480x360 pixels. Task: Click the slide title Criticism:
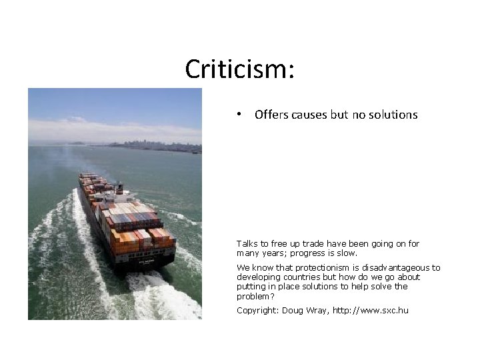pos(240,69)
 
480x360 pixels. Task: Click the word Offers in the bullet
pos(271,115)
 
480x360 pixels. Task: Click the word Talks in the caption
pos(248,244)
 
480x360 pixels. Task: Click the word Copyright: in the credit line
pos(257,311)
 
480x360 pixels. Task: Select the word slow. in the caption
pos(347,253)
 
